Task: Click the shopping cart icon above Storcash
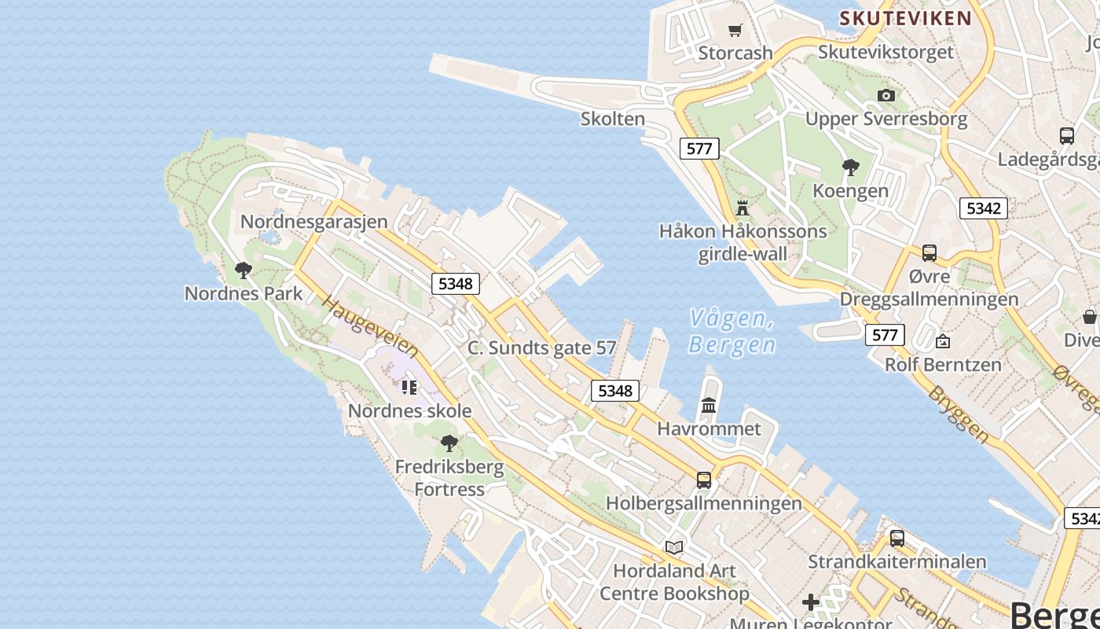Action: click(x=735, y=31)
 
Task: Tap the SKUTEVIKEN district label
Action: click(x=905, y=18)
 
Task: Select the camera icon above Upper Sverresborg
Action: click(x=886, y=95)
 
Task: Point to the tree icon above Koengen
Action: click(x=850, y=167)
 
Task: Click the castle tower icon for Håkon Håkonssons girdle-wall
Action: click(x=742, y=208)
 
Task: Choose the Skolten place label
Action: click(x=613, y=119)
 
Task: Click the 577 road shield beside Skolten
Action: click(x=698, y=148)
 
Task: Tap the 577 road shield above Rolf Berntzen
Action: click(x=885, y=335)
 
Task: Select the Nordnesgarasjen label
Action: click(x=314, y=222)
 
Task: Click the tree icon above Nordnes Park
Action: click(x=244, y=270)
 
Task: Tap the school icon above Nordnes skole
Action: click(x=409, y=387)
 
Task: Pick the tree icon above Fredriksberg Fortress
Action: click(x=449, y=443)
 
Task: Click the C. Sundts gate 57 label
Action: click(x=541, y=348)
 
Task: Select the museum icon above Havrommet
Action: click(x=709, y=405)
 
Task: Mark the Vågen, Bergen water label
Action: click(x=732, y=331)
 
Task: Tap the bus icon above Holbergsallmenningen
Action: click(x=704, y=480)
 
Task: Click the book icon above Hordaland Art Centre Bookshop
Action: click(x=674, y=547)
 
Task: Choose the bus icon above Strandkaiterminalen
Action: click(x=896, y=539)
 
